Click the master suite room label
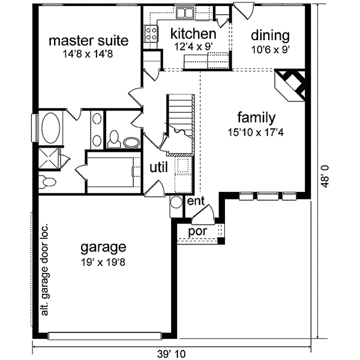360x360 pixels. (x=88, y=41)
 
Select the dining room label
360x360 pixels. (x=270, y=35)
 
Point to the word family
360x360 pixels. (x=256, y=117)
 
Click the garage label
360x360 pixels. (x=104, y=247)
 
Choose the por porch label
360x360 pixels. (x=197, y=231)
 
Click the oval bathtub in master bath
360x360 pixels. (x=50, y=127)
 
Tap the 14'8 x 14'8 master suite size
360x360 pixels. (x=88, y=54)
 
